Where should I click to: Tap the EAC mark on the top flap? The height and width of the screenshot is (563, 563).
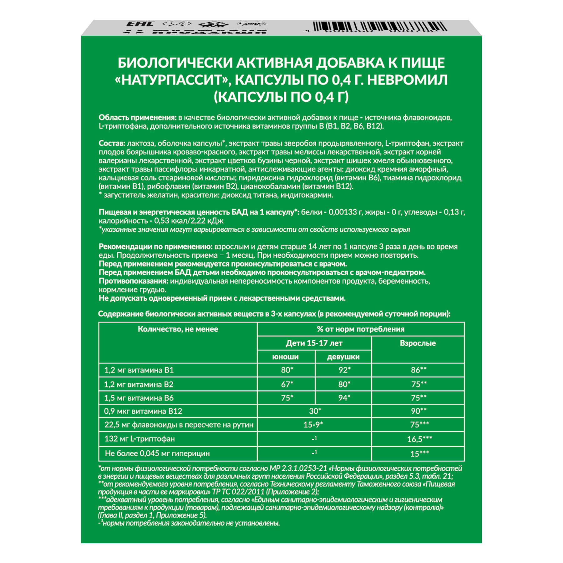141,24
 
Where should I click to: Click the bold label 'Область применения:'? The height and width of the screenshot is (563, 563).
138,118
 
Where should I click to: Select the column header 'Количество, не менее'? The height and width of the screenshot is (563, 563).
178,329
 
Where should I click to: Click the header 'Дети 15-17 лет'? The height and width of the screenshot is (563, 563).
314,343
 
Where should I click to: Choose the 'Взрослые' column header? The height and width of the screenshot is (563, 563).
418,343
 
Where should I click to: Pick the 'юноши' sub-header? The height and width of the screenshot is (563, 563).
285,357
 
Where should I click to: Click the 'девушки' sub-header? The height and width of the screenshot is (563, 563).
343,357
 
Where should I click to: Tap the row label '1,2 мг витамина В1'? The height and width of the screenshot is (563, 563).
139,370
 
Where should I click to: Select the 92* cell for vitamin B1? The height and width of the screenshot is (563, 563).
344,370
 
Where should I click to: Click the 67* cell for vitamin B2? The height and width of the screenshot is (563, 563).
287,384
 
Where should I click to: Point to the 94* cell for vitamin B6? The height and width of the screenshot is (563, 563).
344,398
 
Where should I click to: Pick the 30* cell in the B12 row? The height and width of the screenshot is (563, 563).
315,411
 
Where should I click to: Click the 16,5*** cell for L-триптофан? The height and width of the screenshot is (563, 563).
419,439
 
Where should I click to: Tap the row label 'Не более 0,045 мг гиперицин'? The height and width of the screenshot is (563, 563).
157,454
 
